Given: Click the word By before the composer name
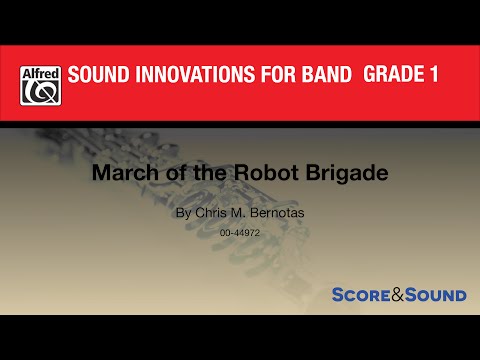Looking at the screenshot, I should click(181, 213).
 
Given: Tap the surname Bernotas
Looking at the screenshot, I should click(271, 213).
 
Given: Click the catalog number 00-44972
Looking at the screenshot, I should click(240, 233).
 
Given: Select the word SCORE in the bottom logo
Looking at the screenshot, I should click(361, 295).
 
